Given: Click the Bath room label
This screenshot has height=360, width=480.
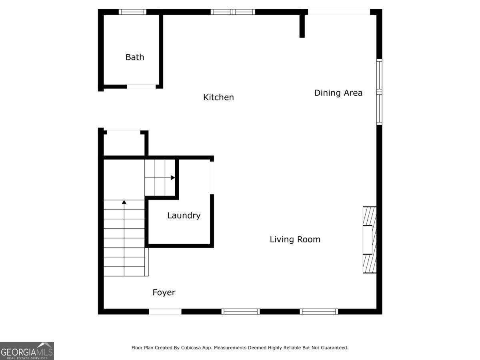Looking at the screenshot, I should click(135, 57).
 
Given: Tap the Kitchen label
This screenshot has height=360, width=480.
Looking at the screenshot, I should click(218, 97).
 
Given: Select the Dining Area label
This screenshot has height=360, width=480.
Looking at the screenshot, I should click(338, 93).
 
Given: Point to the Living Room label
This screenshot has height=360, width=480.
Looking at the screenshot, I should click(295, 240).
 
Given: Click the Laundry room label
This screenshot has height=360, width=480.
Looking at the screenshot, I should click(184, 216).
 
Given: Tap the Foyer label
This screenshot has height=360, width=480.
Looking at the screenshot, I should click(164, 292).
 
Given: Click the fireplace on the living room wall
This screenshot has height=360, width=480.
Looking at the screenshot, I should click(370, 240).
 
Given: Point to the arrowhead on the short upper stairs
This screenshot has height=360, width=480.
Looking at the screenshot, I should click(173, 178).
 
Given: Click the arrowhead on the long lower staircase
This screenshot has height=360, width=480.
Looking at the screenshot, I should click(124, 202).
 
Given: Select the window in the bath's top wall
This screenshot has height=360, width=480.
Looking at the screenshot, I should click(133, 12).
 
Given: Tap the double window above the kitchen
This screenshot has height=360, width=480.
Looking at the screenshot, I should click(233, 12).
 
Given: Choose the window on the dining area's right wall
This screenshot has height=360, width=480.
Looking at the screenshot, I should click(379, 92).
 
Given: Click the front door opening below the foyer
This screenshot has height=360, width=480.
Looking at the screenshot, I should click(165, 311).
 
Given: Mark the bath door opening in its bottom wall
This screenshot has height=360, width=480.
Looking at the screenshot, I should click(141, 86).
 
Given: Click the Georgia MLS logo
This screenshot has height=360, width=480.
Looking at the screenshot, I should click(27, 351).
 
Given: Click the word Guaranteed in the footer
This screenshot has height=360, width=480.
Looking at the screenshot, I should click(333, 348).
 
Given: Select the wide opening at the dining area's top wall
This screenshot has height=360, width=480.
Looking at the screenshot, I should click(339, 12).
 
